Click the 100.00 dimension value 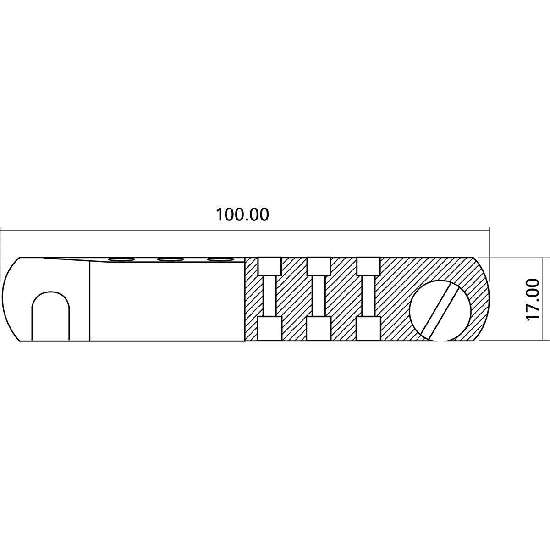[242, 214]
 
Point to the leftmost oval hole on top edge [121, 259]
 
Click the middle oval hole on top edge [171, 259]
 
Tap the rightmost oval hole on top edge [220, 259]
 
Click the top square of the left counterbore [269, 266]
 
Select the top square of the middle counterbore [319, 266]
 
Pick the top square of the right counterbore [368, 266]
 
